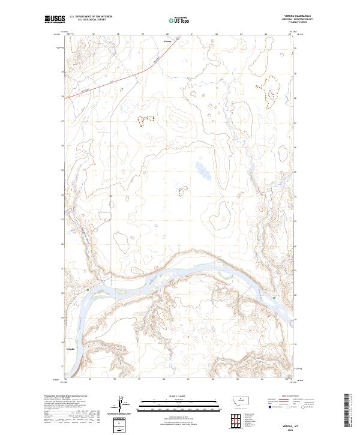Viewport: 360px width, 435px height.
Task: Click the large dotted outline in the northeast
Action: point(271,91)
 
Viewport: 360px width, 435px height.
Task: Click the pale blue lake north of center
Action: point(203,171)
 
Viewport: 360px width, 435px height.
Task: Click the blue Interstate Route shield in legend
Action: point(268,406)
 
